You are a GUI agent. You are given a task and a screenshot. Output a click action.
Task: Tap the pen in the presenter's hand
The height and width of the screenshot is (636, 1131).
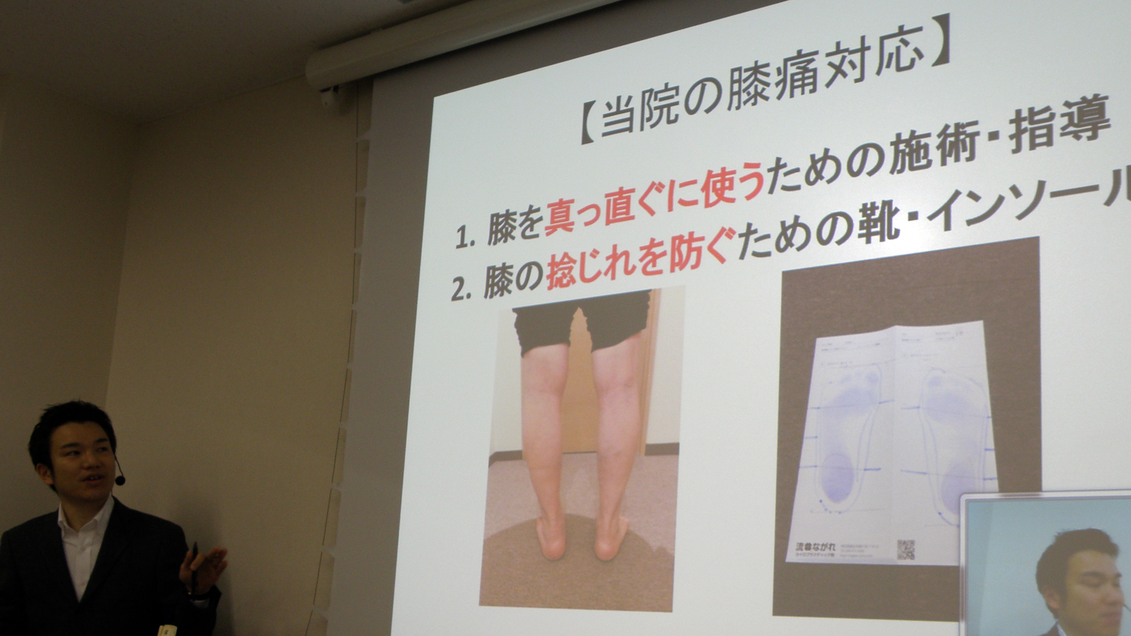(194, 566)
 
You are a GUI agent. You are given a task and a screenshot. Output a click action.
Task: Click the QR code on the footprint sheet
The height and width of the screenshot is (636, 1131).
(905, 550)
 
